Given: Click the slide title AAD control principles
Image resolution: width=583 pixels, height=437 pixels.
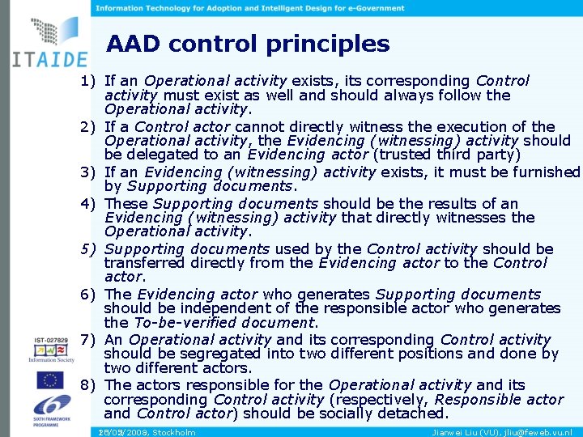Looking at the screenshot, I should tap(248, 44).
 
